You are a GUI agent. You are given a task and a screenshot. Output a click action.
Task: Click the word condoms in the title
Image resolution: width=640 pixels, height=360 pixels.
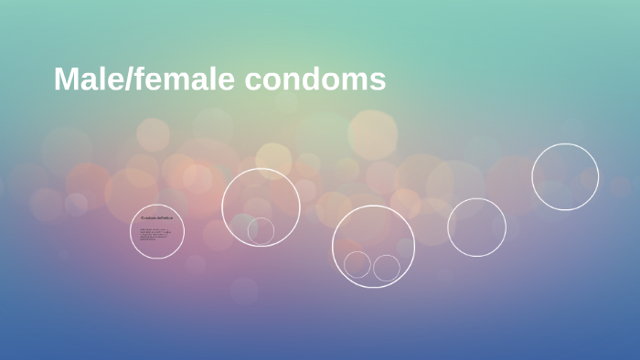[x=315, y=79]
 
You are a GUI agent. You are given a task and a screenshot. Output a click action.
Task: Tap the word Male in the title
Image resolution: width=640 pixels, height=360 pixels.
[x=88, y=79]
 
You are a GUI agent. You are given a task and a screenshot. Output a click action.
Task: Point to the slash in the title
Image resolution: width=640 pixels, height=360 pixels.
[x=128, y=79]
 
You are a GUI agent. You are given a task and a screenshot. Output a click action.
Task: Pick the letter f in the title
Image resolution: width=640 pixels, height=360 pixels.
[x=140, y=79]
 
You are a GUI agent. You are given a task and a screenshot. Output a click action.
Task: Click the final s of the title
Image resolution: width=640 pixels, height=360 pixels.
[x=379, y=81]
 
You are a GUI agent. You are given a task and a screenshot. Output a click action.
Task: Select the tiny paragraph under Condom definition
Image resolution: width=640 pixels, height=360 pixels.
[x=155, y=234]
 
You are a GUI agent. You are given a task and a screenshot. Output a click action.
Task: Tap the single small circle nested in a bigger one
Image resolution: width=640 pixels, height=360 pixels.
[x=261, y=230]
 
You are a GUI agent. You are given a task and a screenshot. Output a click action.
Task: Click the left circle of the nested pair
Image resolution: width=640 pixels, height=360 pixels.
[x=357, y=265]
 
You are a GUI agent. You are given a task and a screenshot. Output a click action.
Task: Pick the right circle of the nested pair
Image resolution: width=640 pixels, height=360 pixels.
[x=387, y=268]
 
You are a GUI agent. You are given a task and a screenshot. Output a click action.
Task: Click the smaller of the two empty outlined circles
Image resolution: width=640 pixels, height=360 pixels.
[x=476, y=227]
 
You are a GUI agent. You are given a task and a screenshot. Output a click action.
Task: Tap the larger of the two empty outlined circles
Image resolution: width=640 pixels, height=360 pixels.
[x=565, y=176]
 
